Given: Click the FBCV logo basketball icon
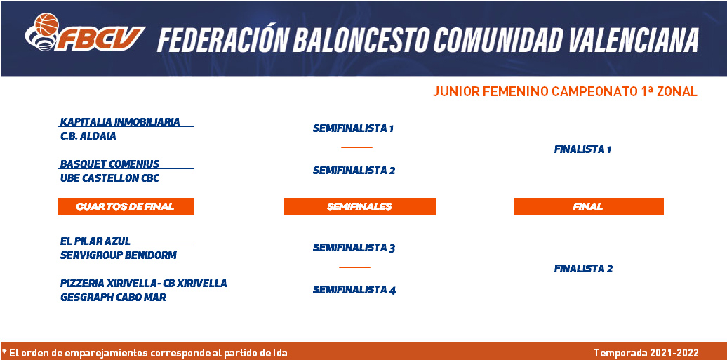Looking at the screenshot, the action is coord(46,24).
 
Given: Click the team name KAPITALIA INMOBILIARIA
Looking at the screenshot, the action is coord(120,122).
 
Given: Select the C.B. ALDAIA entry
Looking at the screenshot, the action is coord(88,136).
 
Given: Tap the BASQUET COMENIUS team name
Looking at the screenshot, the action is coord(110,164).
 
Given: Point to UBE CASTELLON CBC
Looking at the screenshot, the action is coord(110,178).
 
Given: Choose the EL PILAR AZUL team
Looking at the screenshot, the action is coord(95,241).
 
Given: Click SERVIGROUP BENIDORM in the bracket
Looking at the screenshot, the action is coord(118,255).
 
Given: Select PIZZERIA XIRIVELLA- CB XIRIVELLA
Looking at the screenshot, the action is coord(144,284).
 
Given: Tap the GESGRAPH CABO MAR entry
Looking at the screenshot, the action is coord(113,298).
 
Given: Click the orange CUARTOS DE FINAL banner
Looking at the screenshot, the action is coord(125,207).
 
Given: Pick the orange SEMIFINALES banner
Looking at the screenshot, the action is coord(359,207).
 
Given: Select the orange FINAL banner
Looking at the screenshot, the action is coord(589,207).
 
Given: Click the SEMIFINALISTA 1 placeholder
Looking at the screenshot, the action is coord(353,128).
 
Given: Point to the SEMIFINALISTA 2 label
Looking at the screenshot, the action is coord(354,171).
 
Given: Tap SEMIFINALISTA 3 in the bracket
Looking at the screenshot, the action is coord(354,248).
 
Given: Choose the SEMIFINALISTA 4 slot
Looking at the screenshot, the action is coord(354,291).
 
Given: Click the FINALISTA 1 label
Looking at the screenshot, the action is coord(583,150).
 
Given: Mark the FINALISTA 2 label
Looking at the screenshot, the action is coord(583,269).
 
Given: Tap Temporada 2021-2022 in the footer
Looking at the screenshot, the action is coord(646,353).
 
